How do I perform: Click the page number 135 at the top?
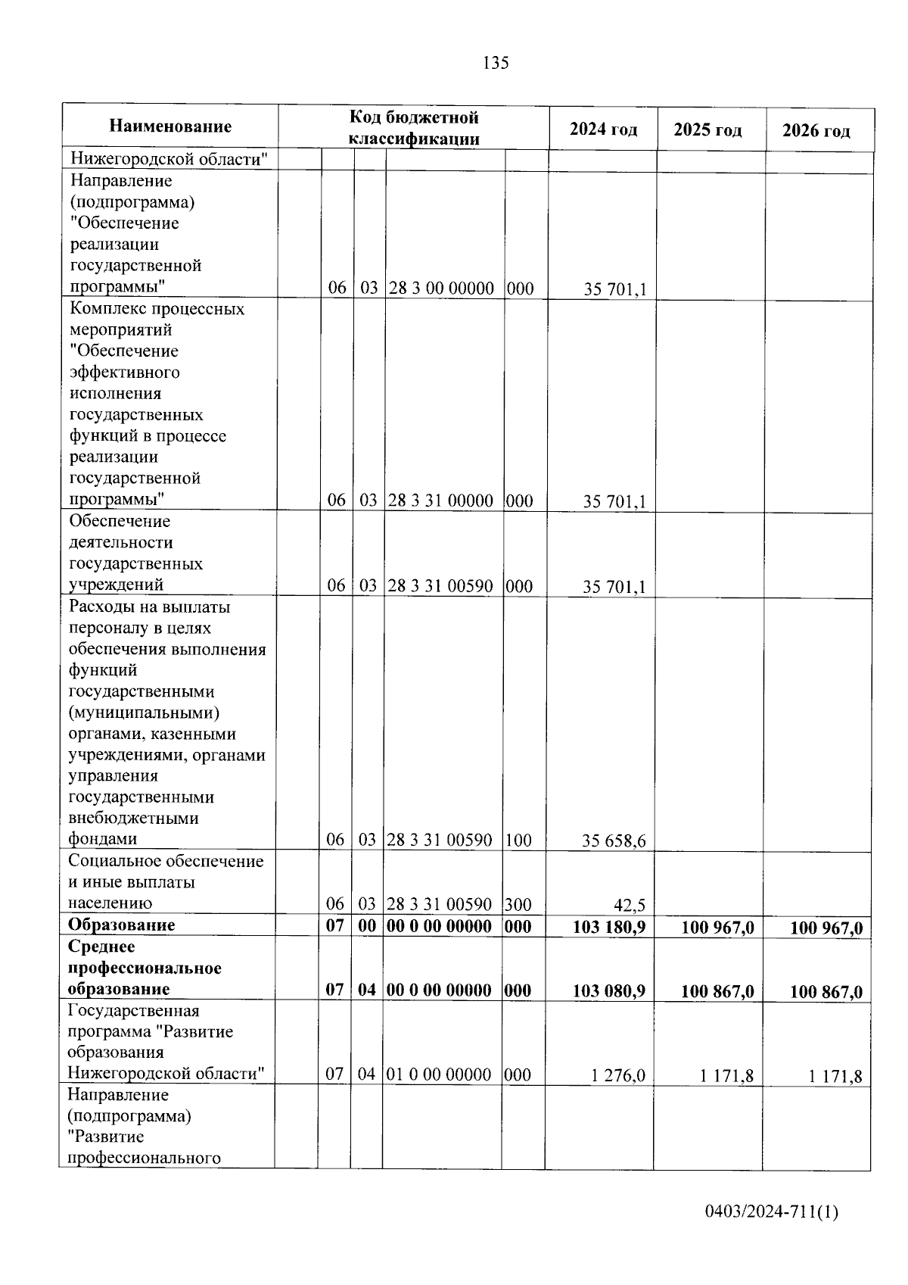(x=496, y=63)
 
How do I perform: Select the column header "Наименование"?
(x=170, y=126)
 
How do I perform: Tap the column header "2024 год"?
(x=603, y=129)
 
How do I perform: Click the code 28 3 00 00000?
(x=441, y=289)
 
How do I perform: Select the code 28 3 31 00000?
(x=441, y=501)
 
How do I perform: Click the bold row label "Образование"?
(x=121, y=925)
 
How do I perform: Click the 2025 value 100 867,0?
(x=717, y=991)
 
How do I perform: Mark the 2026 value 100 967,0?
(x=826, y=928)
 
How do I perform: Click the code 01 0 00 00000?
(x=438, y=1074)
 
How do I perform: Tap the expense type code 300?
(x=518, y=904)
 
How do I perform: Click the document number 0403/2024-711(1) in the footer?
(x=771, y=1212)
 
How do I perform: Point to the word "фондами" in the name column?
(x=103, y=839)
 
